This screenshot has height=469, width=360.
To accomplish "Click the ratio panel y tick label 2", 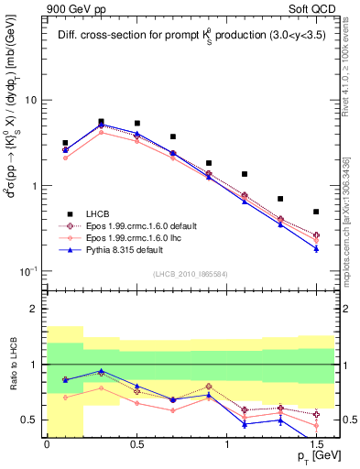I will point(38,310).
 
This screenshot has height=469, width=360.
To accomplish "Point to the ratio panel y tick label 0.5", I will point(33,420).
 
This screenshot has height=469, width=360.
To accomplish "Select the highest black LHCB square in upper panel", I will point(101,121).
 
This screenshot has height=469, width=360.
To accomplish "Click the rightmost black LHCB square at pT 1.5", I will point(316,212).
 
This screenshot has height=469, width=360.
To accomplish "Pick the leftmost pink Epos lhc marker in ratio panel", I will point(65,398).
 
